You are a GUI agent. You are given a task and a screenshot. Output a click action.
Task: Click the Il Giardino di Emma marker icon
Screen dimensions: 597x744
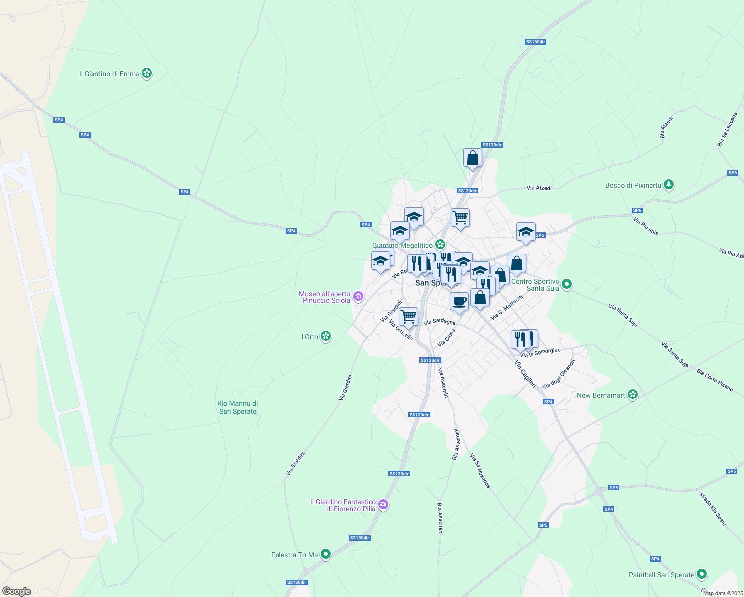pyautogui.click(x=146, y=74)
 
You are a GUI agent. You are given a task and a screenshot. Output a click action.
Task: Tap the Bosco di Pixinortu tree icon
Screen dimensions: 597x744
pyautogui.click(x=669, y=185)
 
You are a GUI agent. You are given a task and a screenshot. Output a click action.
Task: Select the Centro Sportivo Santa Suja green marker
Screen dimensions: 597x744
pyautogui.click(x=567, y=285)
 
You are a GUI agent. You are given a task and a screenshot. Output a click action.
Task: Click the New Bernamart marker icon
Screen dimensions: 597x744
pyautogui.click(x=632, y=395)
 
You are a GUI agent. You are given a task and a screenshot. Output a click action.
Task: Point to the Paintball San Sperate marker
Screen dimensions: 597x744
pyautogui.click(x=701, y=574)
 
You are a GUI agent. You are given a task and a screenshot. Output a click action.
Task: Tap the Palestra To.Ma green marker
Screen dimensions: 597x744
pyautogui.click(x=325, y=554)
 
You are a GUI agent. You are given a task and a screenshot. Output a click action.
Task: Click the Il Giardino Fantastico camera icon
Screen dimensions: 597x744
pyautogui.click(x=383, y=505)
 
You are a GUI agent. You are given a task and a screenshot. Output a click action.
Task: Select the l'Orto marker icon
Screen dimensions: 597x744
pyautogui.click(x=325, y=337)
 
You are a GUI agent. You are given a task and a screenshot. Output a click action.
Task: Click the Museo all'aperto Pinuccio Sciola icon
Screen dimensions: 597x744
pyautogui.click(x=358, y=298)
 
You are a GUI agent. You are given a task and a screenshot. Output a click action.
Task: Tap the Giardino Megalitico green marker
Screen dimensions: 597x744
pyautogui.click(x=440, y=245)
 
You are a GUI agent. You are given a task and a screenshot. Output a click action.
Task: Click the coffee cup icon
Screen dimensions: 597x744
pyautogui.click(x=459, y=301)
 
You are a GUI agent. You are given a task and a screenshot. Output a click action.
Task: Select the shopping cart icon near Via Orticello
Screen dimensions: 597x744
pyautogui.click(x=408, y=316)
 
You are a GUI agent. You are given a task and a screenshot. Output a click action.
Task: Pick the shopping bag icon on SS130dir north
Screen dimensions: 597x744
pyautogui.click(x=472, y=158)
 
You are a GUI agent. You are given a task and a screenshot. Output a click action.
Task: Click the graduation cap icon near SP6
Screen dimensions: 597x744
pyautogui.click(x=526, y=232)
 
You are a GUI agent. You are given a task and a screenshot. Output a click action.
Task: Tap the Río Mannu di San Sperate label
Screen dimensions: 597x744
pyautogui.click(x=238, y=407)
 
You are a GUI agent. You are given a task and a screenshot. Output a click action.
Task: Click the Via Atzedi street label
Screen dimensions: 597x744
pyautogui.click(x=539, y=188)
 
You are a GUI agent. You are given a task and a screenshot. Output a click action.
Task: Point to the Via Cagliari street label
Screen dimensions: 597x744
pyautogui.click(x=526, y=374)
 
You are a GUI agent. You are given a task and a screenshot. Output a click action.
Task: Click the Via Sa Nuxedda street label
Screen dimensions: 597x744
pyautogui.click(x=480, y=471)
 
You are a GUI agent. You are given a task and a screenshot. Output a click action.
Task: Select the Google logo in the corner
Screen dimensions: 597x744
pyautogui.click(x=17, y=591)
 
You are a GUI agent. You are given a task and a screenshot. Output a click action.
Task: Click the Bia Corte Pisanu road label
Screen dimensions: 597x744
pyautogui.click(x=715, y=380)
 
